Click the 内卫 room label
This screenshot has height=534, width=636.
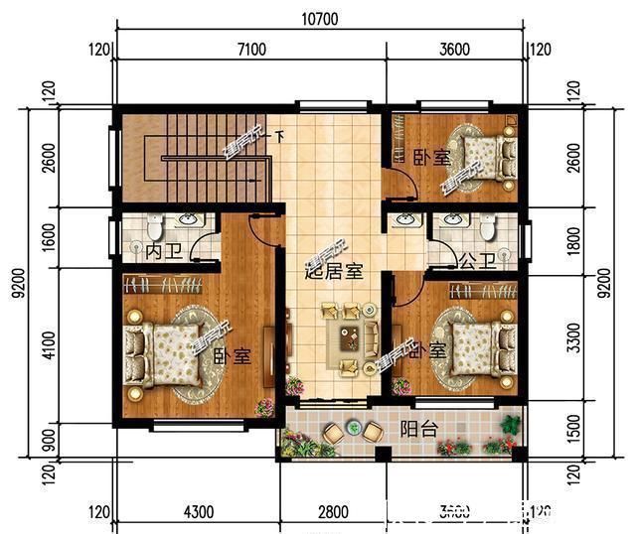[160, 254]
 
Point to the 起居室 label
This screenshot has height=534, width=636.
[333, 269]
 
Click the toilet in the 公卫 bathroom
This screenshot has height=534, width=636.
[487, 227]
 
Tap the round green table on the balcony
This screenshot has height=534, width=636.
[352, 429]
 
